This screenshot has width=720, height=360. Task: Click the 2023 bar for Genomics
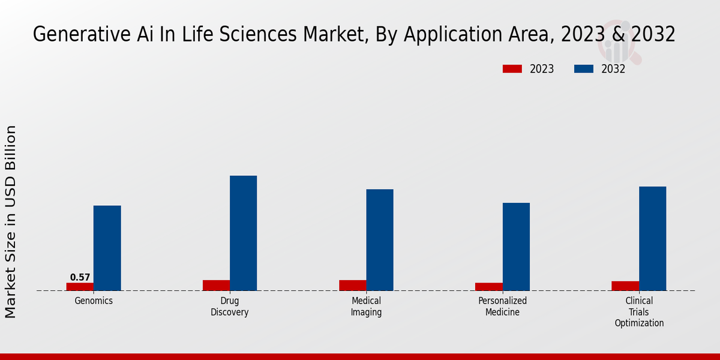click(x=80, y=287)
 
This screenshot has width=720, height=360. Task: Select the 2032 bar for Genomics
click(x=107, y=248)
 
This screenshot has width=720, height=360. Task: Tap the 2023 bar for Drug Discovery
click(x=216, y=286)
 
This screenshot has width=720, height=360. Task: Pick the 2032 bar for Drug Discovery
click(x=243, y=233)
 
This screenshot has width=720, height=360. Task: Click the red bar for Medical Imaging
click(x=353, y=286)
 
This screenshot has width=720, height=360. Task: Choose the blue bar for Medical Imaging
click(x=380, y=240)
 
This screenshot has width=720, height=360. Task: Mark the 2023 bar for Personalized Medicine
click(x=489, y=287)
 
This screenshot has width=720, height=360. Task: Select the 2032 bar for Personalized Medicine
click(x=516, y=247)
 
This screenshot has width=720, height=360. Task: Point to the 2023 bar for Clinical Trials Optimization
click(x=625, y=286)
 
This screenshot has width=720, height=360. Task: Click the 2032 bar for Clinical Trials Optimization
click(x=652, y=239)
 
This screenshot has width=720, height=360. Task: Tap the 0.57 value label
click(x=80, y=277)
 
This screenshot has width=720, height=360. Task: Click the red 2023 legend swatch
click(x=512, y=69)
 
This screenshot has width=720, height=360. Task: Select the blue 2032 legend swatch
click(x=583, y=69)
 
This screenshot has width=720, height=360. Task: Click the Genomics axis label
click(x=94, y=301)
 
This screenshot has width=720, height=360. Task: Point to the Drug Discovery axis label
click(x=230, y=307)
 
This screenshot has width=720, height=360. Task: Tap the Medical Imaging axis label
click(x=366, y=307)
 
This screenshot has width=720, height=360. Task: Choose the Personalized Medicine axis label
click(x=502, y=307)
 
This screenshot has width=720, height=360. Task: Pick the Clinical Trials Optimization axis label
click(x=639, y=312)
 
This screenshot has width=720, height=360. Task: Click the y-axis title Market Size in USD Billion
click(x=11, y=222)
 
